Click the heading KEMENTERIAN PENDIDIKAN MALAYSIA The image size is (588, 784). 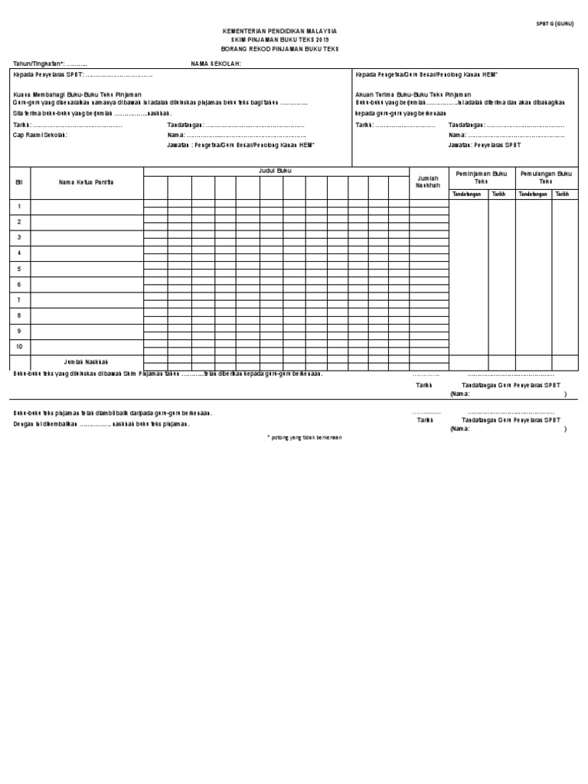pos(279,31)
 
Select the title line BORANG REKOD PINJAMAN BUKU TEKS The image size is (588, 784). pos(279,48)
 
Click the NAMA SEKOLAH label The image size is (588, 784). pos(216,64)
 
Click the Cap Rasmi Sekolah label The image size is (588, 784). pos(41,135)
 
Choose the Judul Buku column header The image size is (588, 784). pos(275,171)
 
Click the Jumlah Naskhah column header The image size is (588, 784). pos(428,181)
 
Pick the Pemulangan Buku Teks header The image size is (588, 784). pos(545,178)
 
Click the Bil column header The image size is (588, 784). pos(20,181)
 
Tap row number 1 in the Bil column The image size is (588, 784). pos(20,207)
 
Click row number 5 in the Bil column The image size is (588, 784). pos(20,269)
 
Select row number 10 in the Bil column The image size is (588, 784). pos(20,347)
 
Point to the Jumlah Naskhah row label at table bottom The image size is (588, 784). pos(87,361)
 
